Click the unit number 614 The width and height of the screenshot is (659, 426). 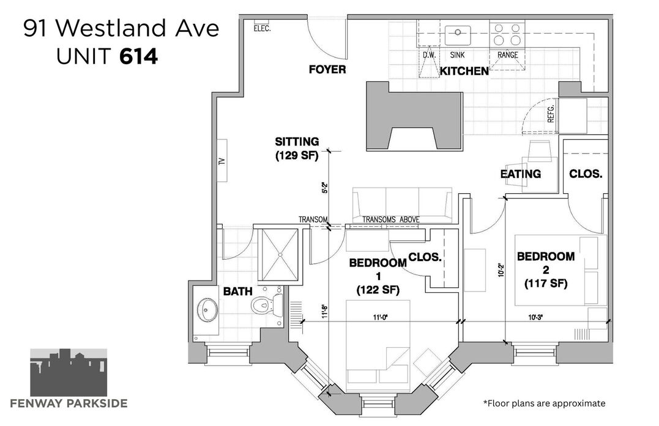(x=139, y=57)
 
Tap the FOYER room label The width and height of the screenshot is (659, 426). (x=327, y=69)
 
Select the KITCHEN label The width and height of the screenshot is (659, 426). (x=464, y=71)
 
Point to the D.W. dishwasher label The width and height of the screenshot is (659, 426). (x=429, y=55)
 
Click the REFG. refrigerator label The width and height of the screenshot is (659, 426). (x=551, y=113)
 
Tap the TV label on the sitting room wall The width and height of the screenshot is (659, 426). (x=222, y=161)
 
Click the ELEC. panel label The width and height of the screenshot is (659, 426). (x=262, y=29)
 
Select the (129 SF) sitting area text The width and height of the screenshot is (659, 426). (x=297, y=155)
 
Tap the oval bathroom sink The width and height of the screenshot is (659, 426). (x=207, y=310)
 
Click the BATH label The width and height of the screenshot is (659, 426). (x=238, y=292)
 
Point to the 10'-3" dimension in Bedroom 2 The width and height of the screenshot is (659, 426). (x=535, y=318)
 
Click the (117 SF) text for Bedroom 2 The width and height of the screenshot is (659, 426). (x=546, y=284)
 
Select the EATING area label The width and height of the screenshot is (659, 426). (x=521, y=174)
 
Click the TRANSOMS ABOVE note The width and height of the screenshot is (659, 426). (x=391, y=219)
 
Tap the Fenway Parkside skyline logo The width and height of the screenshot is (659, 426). (x=69, y=372)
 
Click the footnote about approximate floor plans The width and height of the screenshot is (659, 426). (x=544, y=403)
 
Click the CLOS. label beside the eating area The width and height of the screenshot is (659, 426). (x=586, y=174)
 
